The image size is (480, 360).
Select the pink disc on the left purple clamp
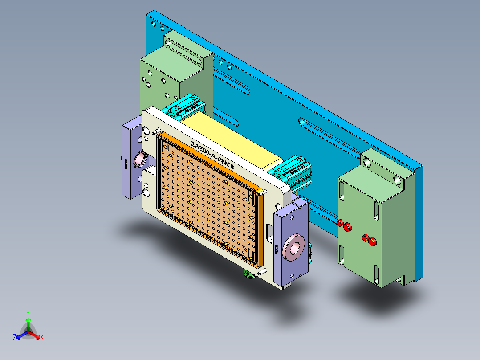[x=138, y=159]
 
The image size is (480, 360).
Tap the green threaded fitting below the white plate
[x=248, y=274]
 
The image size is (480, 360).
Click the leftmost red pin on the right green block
[x=341, y=223]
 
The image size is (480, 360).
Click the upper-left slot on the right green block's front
[x=342, y=191]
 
